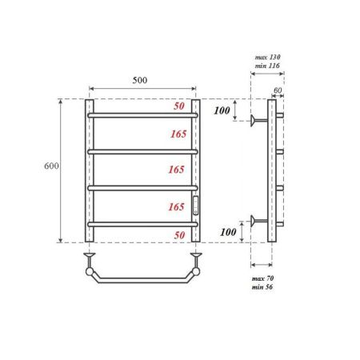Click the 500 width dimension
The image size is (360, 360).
142,81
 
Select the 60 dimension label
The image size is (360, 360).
278,90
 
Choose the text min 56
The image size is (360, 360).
263,288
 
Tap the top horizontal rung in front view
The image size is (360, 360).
142,114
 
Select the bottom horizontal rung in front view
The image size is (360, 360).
142,223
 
